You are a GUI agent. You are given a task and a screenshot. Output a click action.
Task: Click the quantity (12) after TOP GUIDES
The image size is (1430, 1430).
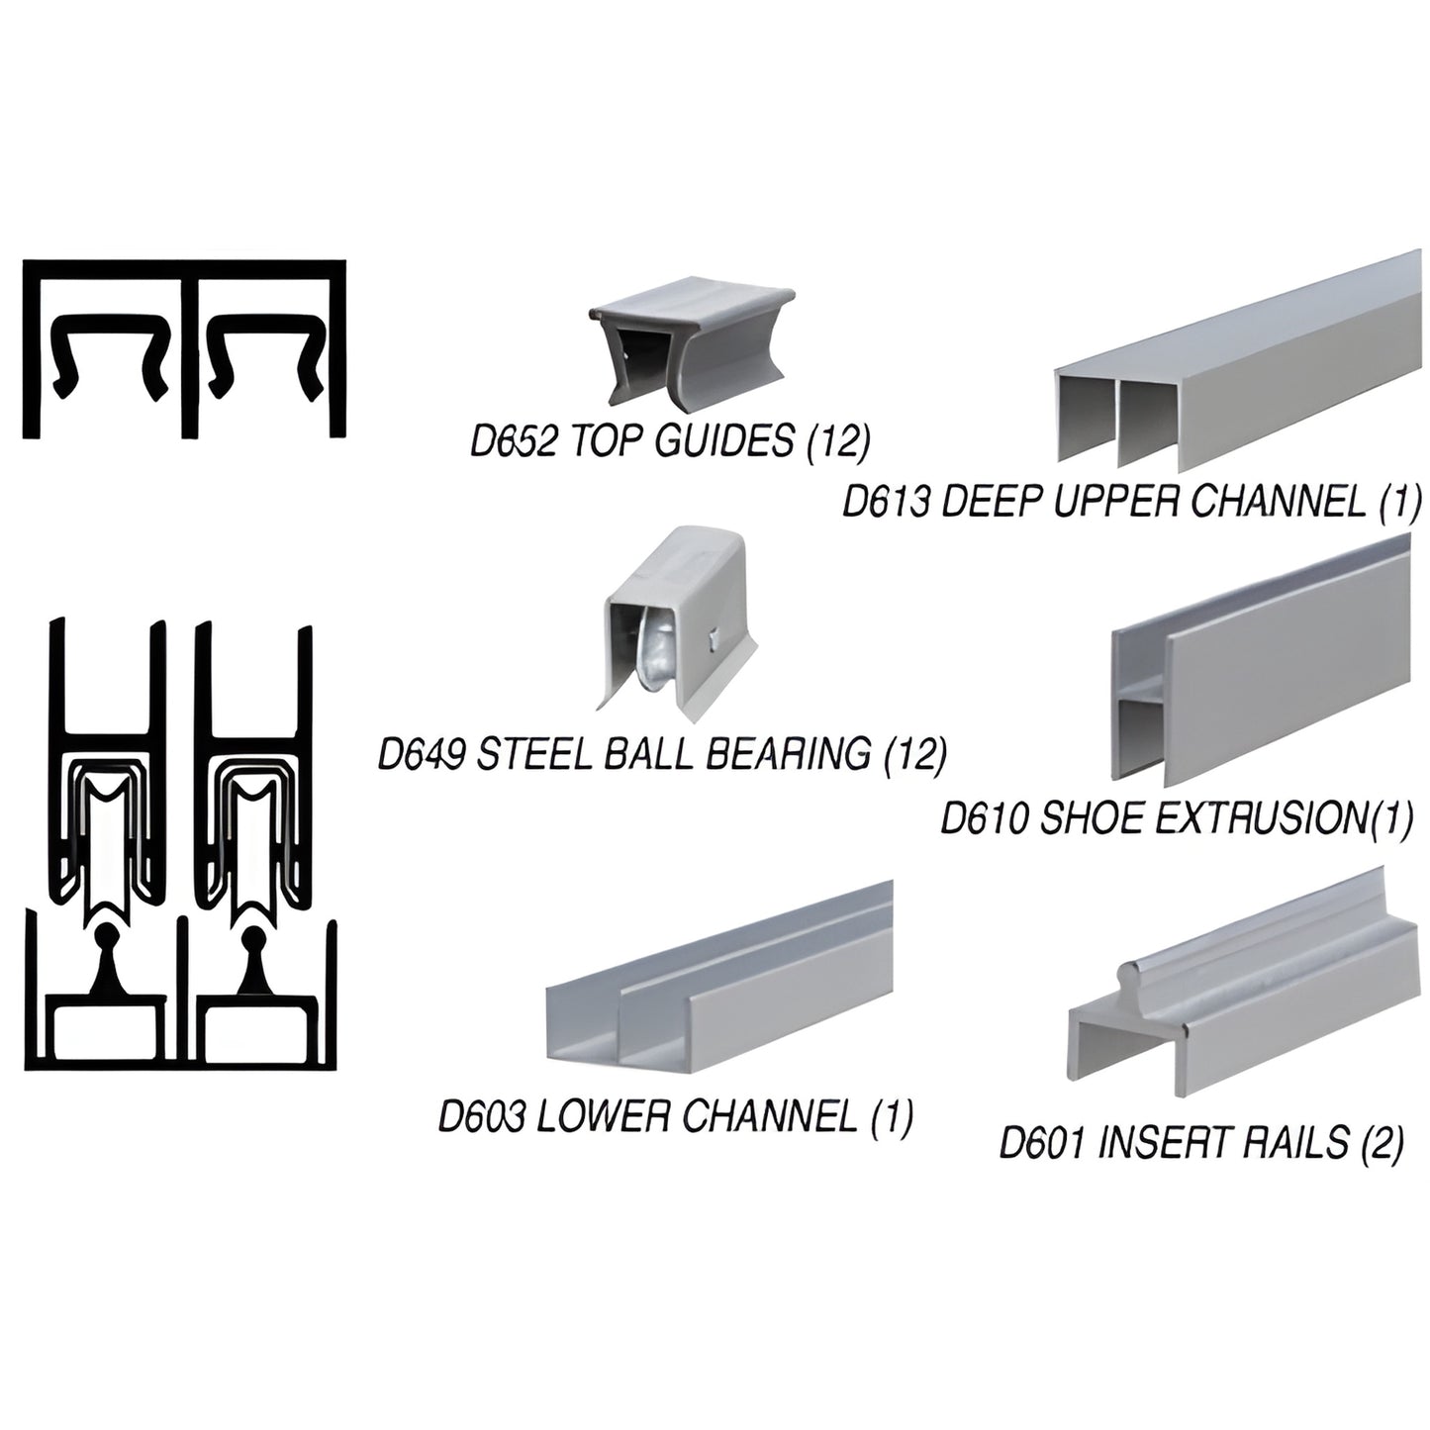click(x=838, y=442)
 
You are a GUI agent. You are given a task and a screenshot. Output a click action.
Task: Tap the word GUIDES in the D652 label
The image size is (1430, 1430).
click(x=724, y=442)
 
